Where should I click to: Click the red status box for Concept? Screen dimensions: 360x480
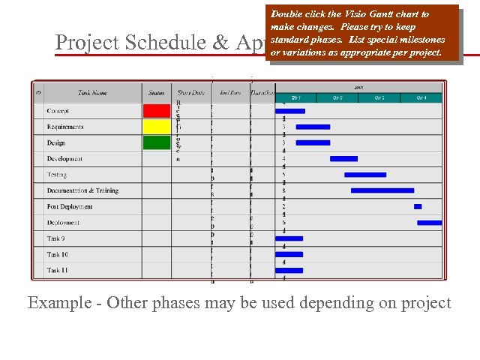[157, 111]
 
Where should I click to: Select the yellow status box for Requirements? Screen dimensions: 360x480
[157, 127]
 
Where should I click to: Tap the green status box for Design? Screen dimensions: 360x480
[157, 142]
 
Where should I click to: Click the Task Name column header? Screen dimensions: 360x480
[92, 93]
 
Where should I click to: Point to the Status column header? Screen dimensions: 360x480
[157, 93]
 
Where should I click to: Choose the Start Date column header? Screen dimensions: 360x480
[190, 93]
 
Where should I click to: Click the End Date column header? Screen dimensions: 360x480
[230, 93]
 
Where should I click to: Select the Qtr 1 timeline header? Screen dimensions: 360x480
[296, 98]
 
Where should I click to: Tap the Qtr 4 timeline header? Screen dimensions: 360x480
[421, 98]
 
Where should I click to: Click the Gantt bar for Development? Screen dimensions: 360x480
[343, 159]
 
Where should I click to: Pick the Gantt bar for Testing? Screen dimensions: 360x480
[365, 175]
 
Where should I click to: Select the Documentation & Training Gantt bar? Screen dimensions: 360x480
[382, 190]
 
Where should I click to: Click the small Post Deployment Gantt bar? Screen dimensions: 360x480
[418, 206]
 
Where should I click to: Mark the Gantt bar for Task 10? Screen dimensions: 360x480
[289, 254]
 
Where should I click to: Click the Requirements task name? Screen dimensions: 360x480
[65, 127]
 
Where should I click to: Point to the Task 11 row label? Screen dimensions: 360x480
[57, 270]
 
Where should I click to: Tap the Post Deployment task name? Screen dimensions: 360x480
[69, 206]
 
